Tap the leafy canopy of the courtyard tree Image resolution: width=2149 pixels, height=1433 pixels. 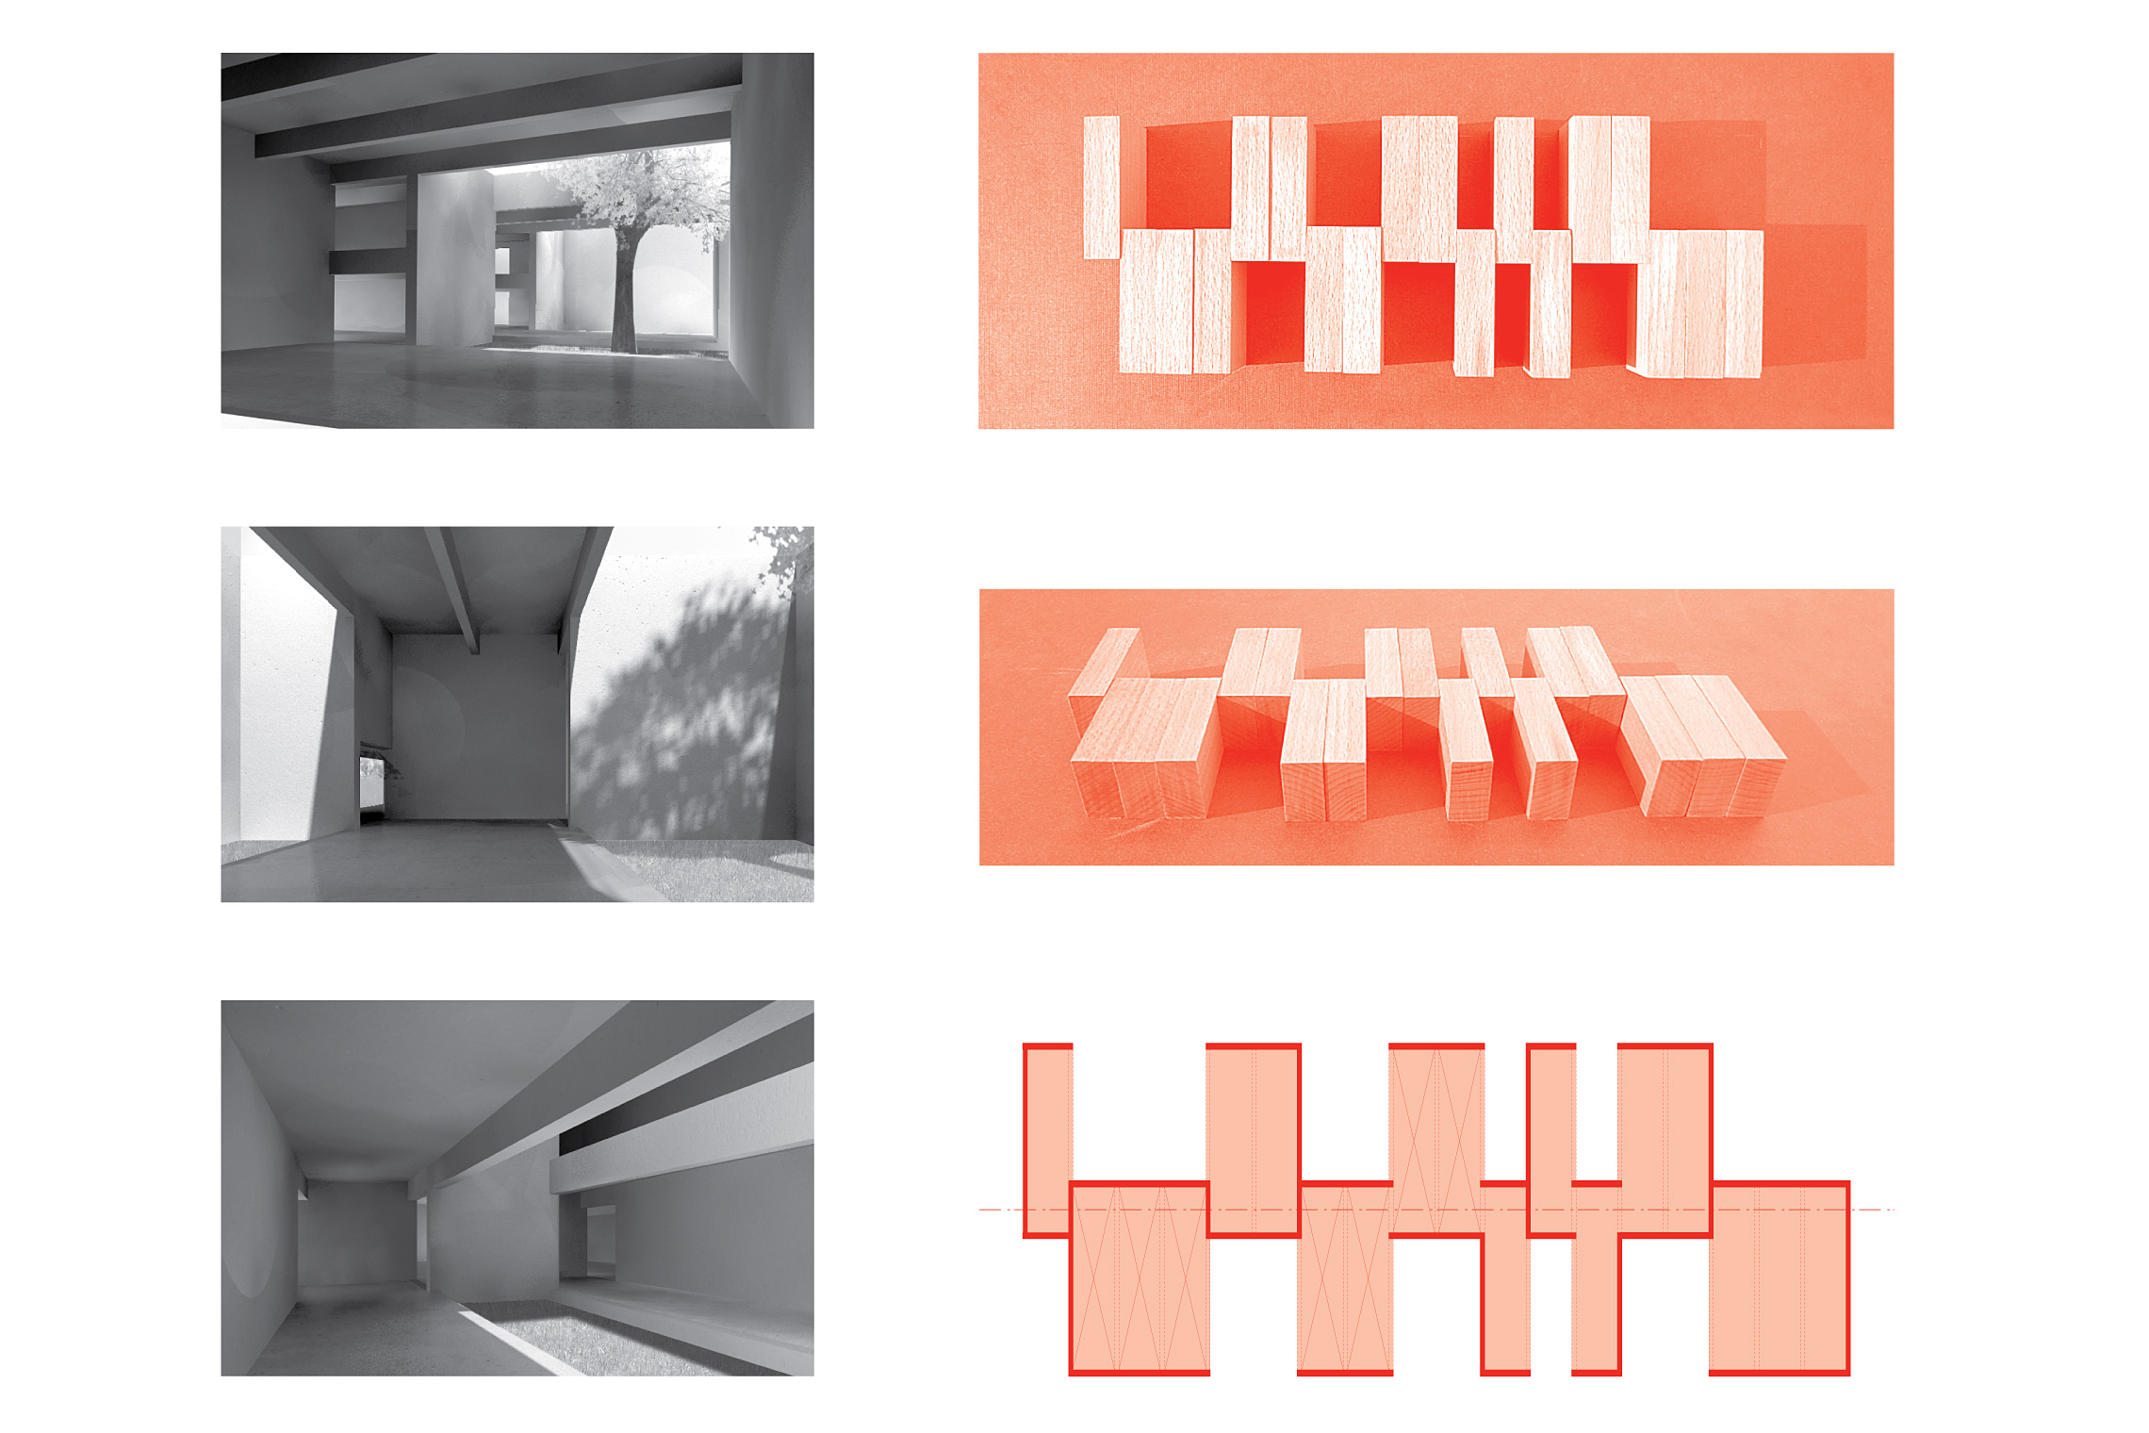point(641,189)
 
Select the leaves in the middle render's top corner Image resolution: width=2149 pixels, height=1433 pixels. point(788,556)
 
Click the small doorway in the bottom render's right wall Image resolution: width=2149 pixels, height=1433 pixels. point(599,1235)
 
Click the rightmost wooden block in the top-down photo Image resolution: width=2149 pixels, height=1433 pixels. point(1744,302)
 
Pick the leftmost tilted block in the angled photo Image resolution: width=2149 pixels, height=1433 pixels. point(1103,665)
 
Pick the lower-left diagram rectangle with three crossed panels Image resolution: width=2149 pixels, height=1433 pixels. point(1140,1277)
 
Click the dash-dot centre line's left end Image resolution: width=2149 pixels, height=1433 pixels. point(985,1209)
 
